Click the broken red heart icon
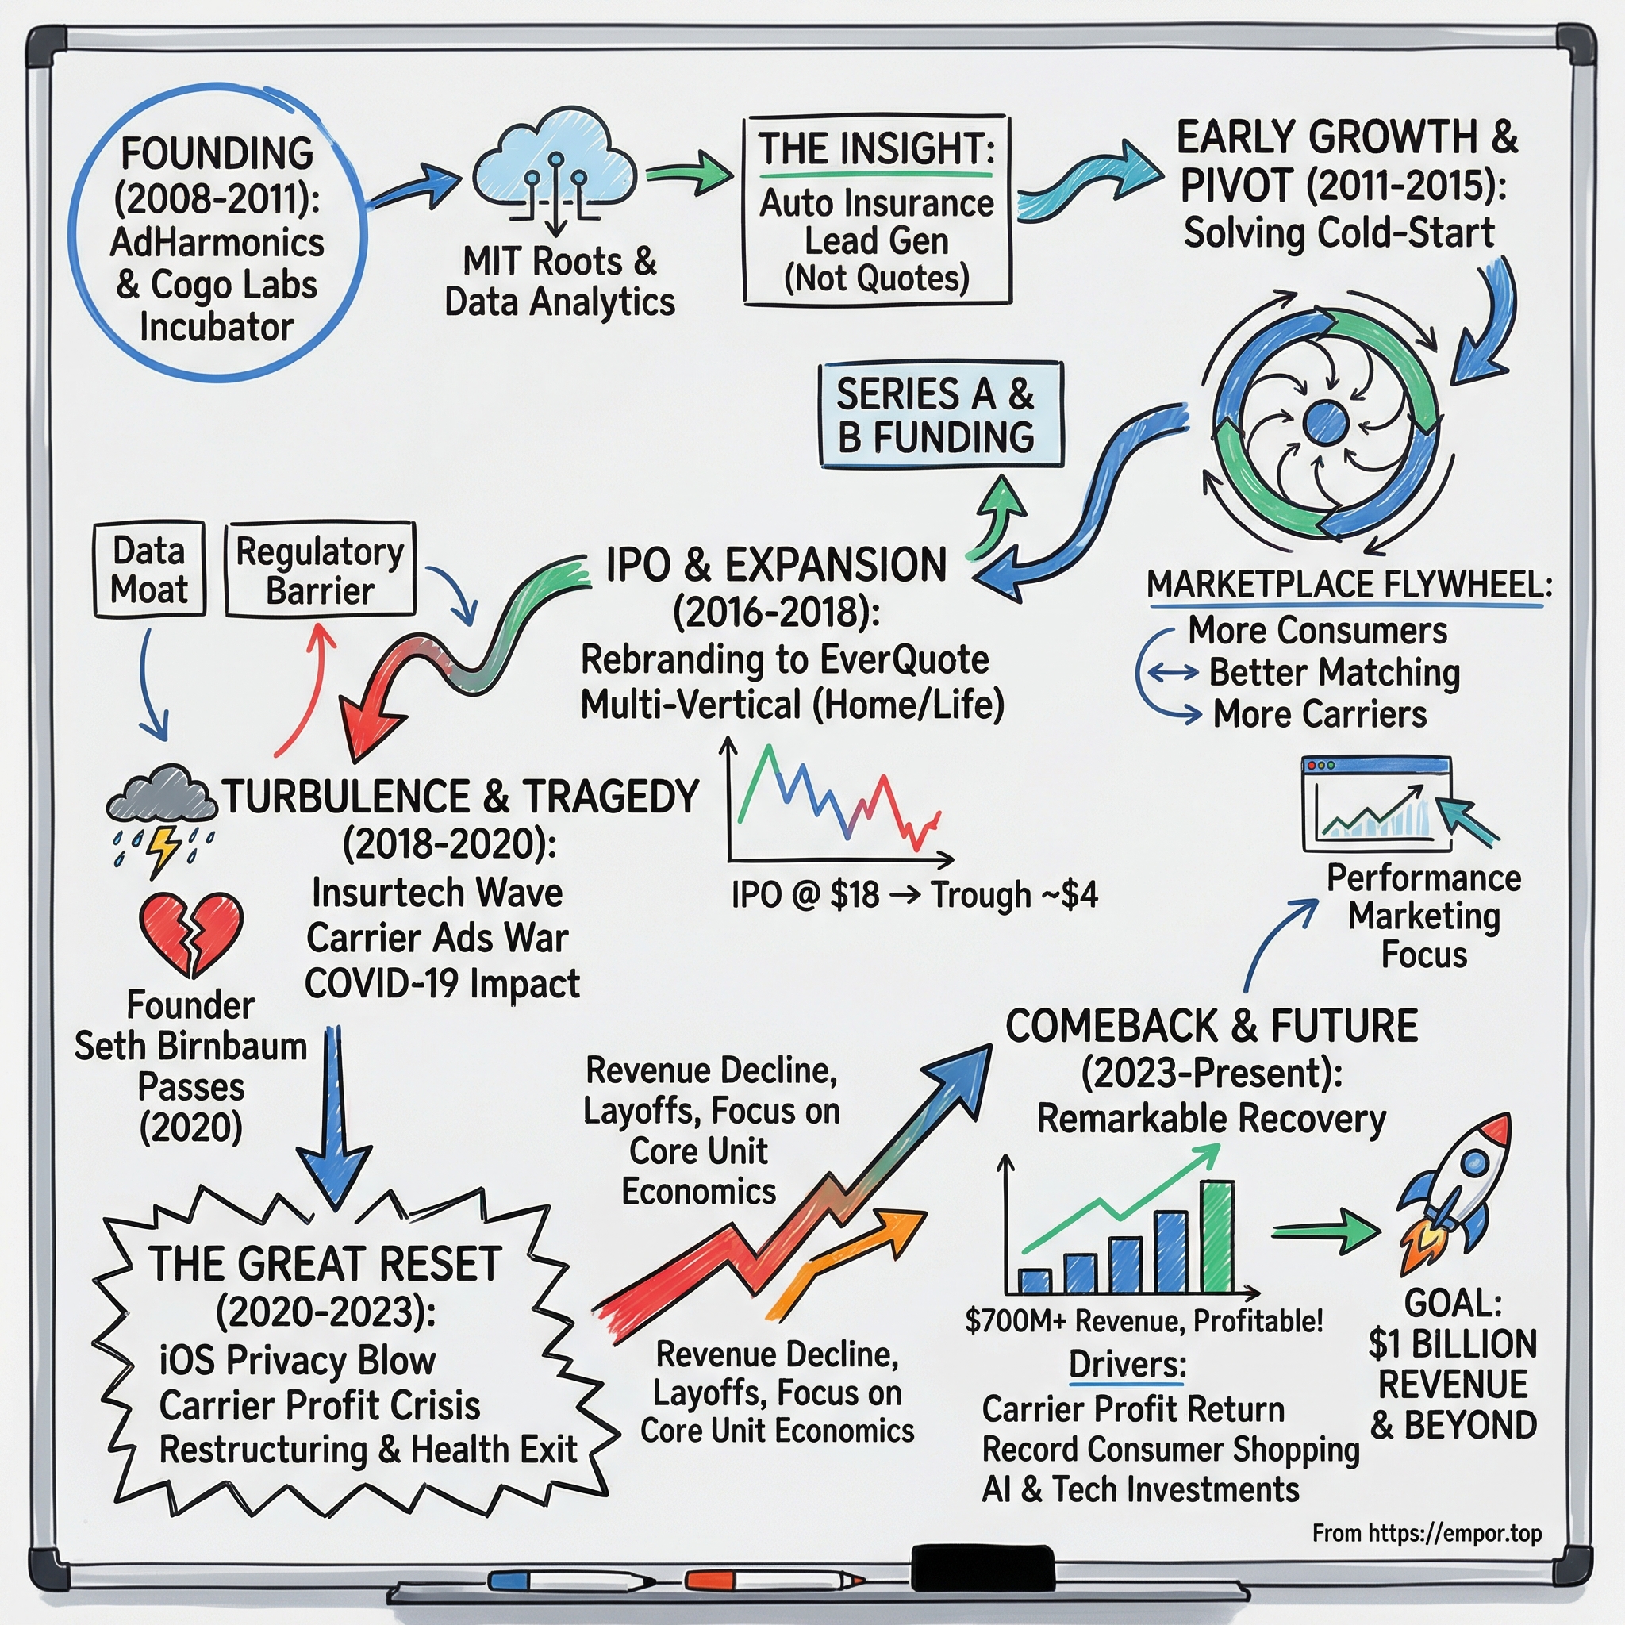tap(191, 932)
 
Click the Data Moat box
tap(149, 570)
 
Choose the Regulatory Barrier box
tap(320, 570)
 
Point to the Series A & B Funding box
tap(940, 415)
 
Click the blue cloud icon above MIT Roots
tap(555, 168)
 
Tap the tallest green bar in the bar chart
tap(1216, 1235)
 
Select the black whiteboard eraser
tap(982, 1566)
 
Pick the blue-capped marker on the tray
tap(509, 1580)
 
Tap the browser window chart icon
tap(1376, 802)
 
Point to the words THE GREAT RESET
tap(325, 1264)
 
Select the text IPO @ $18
tap(805, 895)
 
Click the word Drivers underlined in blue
tap(1126, 1364)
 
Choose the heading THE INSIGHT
tap(877, 149)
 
